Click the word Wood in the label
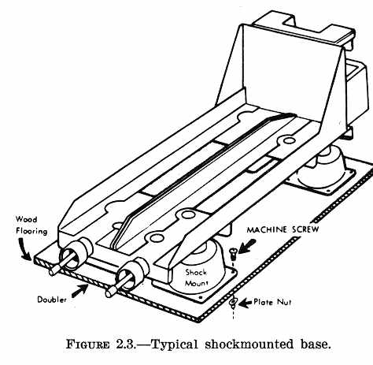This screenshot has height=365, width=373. pyautogui.click(x=26, y=219)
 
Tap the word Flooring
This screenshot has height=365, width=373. pyautogui.click(x=31, y=231)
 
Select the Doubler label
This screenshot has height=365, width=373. pyautogui.click(x=52, y=300)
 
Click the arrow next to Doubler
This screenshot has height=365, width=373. pyautogui.click(x=79, y=291)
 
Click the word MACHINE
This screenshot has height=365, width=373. pyautogui.click(x=267, y=230)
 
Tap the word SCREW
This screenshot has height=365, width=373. pyautogui.click(x=305, y=229)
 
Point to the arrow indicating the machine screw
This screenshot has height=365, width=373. pyautogui.click(x=247, y=247)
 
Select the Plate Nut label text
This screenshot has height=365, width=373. pyautogui.click(x=272, y=302)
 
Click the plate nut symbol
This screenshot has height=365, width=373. pyautogui.click(x=233, y=302)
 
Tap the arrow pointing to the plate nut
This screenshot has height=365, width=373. pyautogui.click(x=246, y=303)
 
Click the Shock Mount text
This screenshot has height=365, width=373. pyautogui.click(x=196, y=277)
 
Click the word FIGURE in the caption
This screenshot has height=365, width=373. pyautogui.click(x=87, y=345)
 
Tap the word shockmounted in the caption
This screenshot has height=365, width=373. pyautogui.click(x=249, y=345)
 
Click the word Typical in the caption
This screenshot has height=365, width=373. pyautogui.click(x=174, y=345)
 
